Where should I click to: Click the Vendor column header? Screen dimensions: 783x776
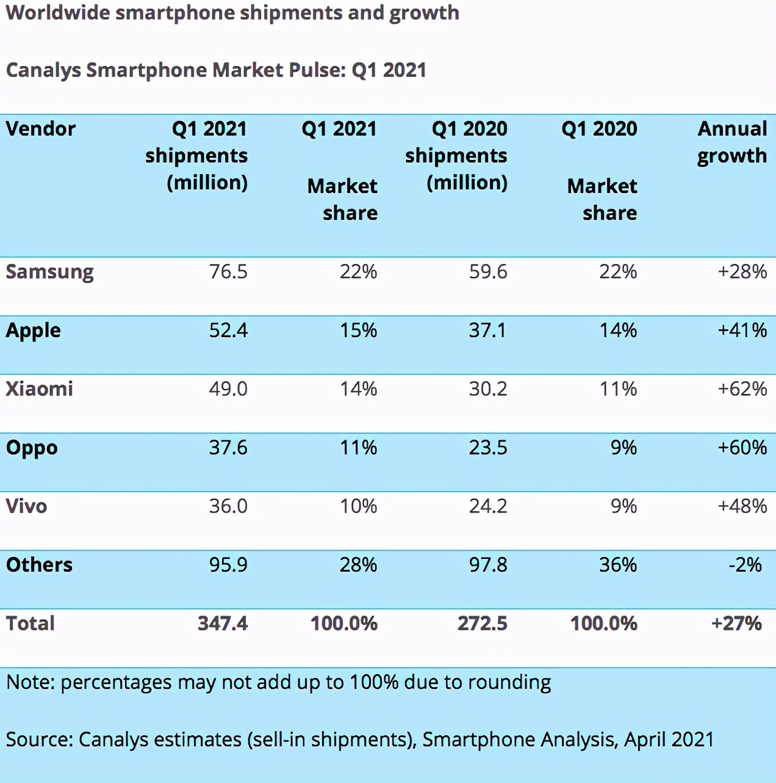point(41,129)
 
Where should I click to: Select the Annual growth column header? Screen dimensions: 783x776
point(732,142)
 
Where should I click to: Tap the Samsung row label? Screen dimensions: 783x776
point(50,272)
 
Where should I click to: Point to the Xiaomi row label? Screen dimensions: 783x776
point(40,389)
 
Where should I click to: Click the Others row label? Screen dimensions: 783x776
point(40,565)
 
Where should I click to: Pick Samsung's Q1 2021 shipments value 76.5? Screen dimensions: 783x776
point(228,272)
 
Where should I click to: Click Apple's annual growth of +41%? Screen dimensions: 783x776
point(742,330)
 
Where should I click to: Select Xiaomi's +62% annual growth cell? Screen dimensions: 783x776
point(742,389)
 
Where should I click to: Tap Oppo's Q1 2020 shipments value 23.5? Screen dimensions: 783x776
point(487,448)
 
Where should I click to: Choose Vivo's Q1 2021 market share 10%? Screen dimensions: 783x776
point(358,506)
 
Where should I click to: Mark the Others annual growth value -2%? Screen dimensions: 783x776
point(745,565)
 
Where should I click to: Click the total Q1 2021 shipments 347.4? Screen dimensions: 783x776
point(223,624)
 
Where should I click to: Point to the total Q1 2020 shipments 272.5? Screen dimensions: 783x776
point(482,624)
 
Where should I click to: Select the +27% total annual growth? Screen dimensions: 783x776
point(736,624)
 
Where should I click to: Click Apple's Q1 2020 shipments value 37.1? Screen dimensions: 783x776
point(487,330)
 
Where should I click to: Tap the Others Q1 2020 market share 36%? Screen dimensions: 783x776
point(617,565)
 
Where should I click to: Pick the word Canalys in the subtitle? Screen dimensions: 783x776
point(43,70)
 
